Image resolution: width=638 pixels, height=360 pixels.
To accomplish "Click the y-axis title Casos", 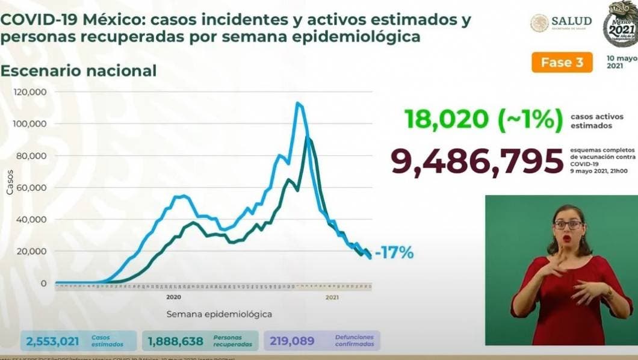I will (10, 181).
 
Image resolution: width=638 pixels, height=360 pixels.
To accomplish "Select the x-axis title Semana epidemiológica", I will (218, 314).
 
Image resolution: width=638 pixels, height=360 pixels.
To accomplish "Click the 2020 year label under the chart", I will (173, 297).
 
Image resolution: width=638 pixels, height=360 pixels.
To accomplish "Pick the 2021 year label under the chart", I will (332, 297).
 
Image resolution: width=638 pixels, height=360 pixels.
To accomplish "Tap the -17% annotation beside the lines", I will (394, 253).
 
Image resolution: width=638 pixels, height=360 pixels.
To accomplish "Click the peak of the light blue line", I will (297, 103).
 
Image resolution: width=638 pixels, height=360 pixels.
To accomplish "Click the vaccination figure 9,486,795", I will (472, 161).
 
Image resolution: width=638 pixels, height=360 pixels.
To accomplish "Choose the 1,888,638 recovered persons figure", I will (175, 341).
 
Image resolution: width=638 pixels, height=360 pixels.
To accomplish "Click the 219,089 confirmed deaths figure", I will (292, 341).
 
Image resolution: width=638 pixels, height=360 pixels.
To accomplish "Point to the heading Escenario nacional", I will (78, 70).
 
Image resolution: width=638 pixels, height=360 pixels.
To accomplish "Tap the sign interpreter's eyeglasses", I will (568, 225).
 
